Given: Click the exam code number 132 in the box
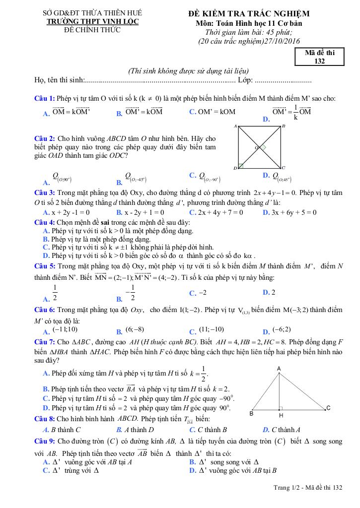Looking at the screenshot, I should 320,62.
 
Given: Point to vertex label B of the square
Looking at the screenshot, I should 284,127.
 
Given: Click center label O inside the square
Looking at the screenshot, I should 257,147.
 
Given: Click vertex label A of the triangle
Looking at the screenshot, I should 279,368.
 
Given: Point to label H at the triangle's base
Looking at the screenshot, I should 281,415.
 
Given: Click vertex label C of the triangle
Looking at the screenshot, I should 328,408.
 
